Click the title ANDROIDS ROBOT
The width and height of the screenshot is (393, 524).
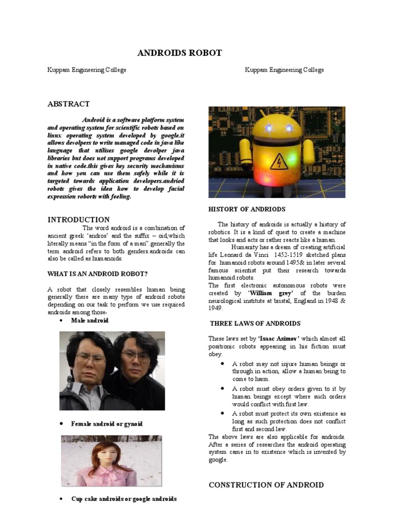180,53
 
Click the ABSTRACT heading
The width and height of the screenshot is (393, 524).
69,104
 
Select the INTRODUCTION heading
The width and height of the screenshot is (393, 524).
78,220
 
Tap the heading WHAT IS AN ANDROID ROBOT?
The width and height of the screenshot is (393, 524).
97,274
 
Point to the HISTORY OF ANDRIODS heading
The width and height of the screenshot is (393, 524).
247,209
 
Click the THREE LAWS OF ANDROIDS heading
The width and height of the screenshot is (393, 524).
255,323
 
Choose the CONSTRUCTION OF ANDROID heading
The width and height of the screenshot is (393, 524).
266,485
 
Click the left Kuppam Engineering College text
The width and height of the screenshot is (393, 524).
87,70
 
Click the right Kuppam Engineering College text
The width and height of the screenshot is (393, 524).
285,70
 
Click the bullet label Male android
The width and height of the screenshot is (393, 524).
90,320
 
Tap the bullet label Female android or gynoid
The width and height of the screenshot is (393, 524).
107,424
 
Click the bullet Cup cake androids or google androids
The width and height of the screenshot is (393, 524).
124,498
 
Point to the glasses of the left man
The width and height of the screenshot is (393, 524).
90,358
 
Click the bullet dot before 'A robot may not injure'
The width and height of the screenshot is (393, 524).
223,363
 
